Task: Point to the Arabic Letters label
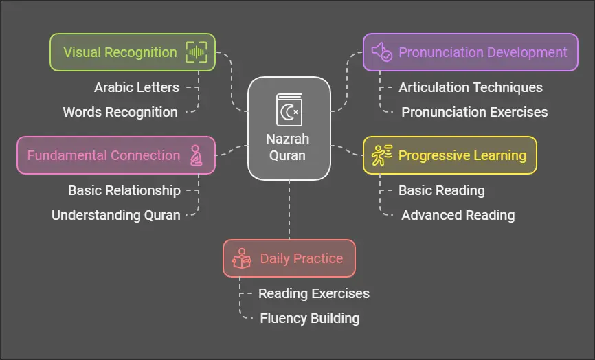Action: click(137, 87)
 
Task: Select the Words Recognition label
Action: click(120, 112)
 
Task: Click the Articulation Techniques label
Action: click(471, 87)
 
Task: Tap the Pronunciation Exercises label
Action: click(475, 112)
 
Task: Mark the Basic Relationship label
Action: click(124, 190)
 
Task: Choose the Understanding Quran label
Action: click(116, 215)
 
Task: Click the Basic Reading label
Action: click(442, 190)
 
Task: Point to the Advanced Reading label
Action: click(458, 215)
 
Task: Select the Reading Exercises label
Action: click(314, 293)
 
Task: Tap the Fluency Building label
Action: click(310, 318)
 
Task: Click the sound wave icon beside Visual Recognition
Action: click(196, 52)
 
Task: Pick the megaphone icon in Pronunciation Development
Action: click(381, 52)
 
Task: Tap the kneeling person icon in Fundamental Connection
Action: click(196, 155)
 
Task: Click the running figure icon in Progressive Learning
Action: click(381, 155)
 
